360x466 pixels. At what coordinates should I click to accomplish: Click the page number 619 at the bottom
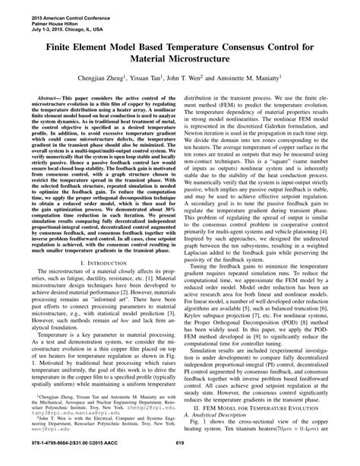click(x=180, y=456)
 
